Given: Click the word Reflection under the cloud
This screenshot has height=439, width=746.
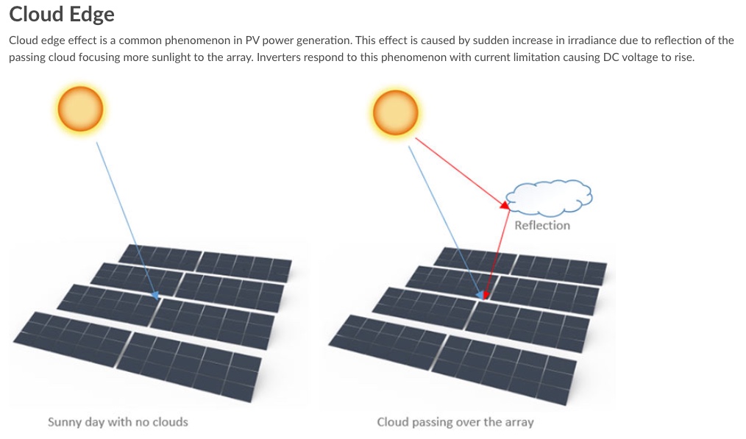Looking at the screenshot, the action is tap(542, 226).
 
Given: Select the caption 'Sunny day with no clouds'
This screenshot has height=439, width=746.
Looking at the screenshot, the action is tap(118, 422).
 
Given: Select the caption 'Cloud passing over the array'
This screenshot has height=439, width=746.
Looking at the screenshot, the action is tap(455, 422).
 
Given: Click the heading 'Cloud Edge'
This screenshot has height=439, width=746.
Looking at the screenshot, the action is tap(62, 15).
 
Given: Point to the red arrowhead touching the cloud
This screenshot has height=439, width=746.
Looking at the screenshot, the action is tap(505, 207).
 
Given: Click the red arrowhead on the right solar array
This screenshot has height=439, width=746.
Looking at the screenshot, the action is tap(486, 295).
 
